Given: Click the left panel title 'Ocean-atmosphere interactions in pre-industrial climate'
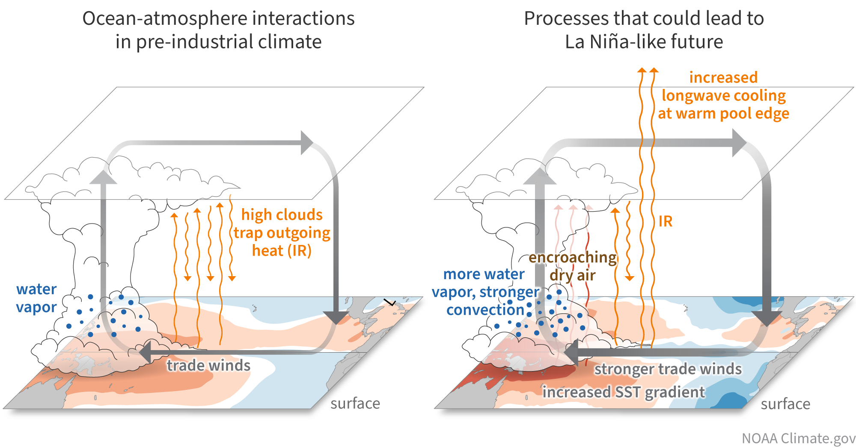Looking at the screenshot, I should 218,30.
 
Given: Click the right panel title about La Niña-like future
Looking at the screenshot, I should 644,30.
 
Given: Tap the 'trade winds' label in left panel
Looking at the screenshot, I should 208,365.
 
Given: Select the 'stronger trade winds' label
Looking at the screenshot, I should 668,368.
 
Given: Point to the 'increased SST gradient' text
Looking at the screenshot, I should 623,392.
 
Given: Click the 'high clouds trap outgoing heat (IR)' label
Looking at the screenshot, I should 282,233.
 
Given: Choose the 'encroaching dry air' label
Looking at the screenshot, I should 573,266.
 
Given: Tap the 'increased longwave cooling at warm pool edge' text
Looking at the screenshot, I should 723,95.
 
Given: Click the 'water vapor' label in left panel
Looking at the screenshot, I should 36,298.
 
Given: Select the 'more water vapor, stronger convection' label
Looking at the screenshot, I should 485,292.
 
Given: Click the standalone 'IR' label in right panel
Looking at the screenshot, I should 665,221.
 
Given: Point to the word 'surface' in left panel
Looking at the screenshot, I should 355,403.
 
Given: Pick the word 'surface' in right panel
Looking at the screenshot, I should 785,404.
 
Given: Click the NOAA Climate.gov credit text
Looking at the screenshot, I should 798,438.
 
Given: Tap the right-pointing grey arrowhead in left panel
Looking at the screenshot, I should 307,143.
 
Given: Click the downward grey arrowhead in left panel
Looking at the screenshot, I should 336,318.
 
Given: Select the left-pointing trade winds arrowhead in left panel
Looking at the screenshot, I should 145,352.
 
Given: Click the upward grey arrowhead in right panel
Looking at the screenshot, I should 540,177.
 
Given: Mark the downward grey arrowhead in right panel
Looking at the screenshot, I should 767,318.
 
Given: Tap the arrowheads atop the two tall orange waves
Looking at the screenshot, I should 648,71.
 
